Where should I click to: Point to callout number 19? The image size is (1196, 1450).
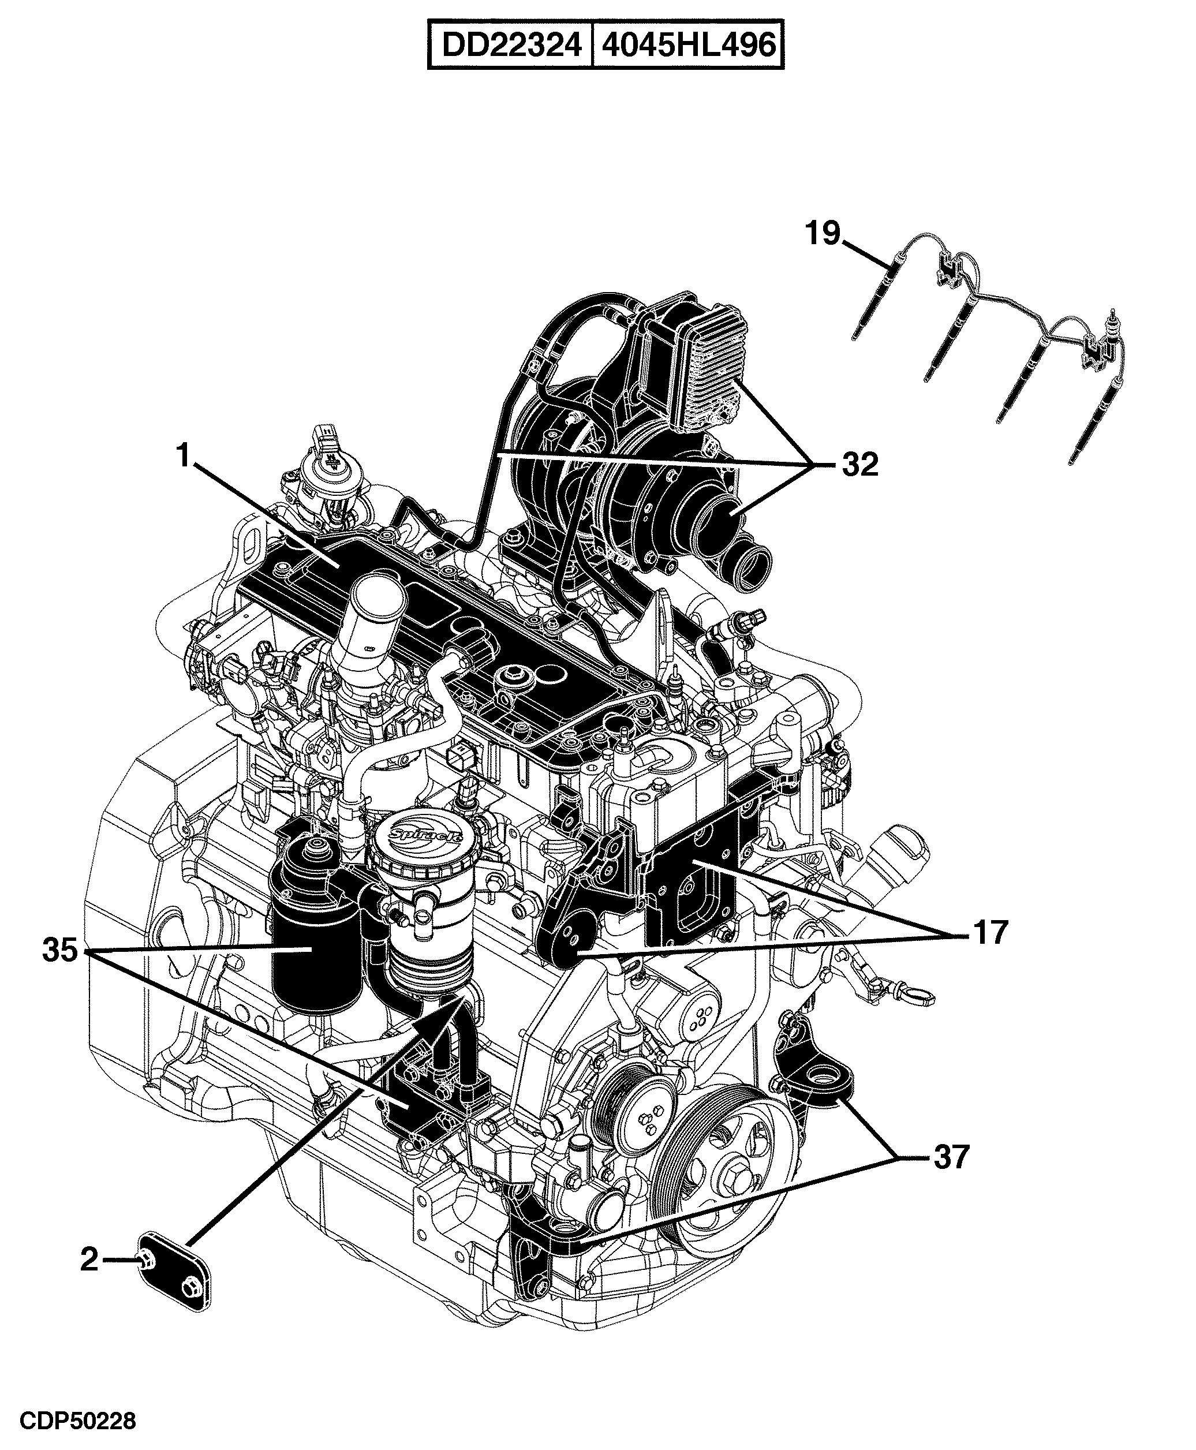[x=823, y=234]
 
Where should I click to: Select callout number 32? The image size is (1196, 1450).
[x=861, y=465]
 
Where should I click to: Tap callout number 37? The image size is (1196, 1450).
[x=951, y=1157]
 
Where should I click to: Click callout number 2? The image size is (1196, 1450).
[x=89, y=1260]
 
